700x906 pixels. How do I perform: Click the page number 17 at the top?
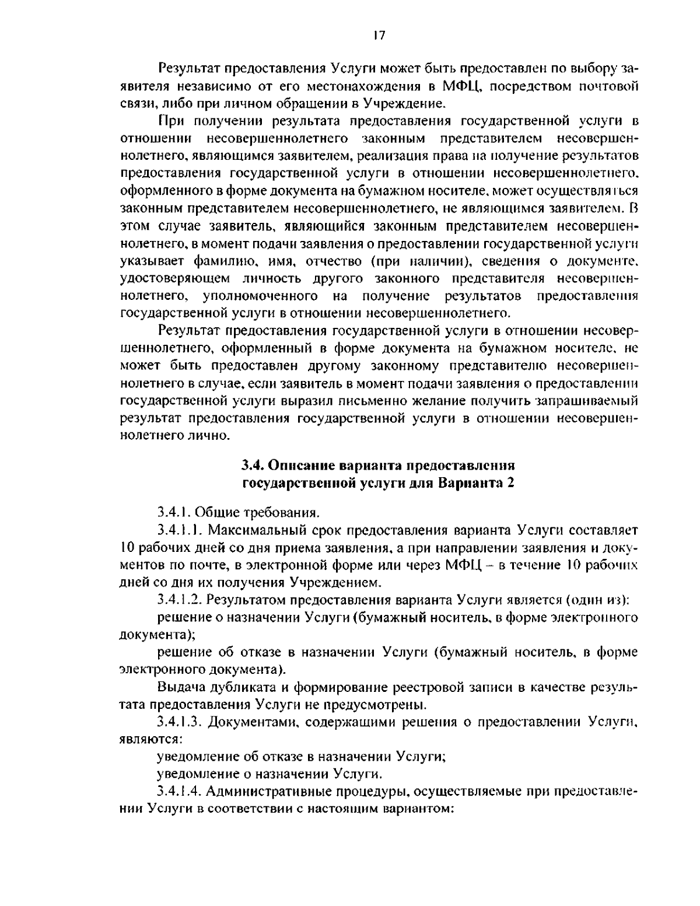(x=378, y=36)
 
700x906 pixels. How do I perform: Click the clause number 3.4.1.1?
(x=180, y=530)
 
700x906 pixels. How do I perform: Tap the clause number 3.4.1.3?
(x=180, y=722)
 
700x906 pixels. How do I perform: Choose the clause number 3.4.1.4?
(x=180, y=792)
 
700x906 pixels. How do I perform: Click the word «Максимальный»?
(x=253, y=530)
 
